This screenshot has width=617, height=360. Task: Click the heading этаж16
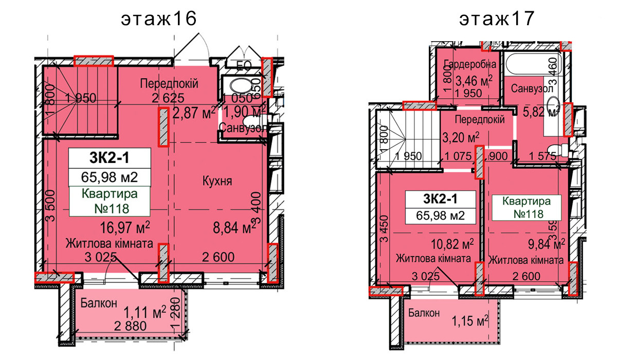159,19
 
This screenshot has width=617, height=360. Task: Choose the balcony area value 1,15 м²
470,321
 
